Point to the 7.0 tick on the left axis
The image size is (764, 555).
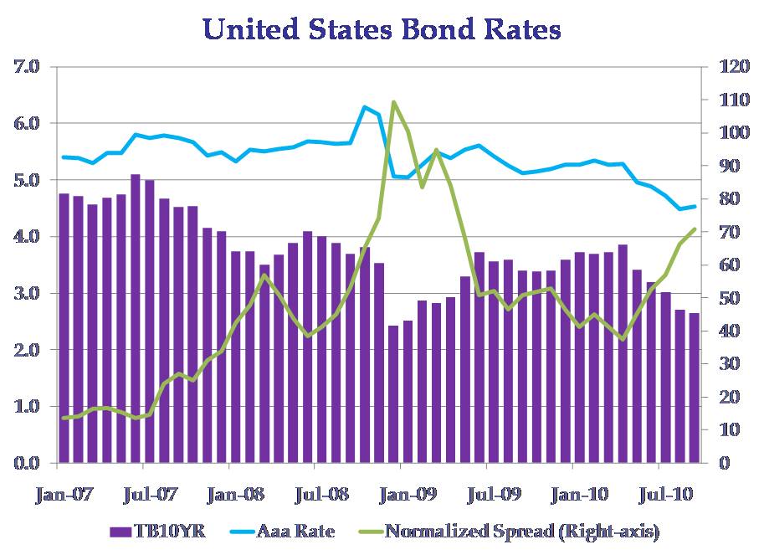point(27,66)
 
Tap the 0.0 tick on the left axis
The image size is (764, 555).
point(27,463)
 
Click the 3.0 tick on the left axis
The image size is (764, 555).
point(27,293)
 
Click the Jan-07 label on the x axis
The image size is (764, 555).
point(64,494)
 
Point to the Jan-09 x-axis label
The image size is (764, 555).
point(410,494)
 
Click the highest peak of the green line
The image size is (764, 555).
point(393,102)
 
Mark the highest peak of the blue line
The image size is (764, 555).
point(364,107)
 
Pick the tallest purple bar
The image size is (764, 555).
point(135,318)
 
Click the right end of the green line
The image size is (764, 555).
point(695,229)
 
